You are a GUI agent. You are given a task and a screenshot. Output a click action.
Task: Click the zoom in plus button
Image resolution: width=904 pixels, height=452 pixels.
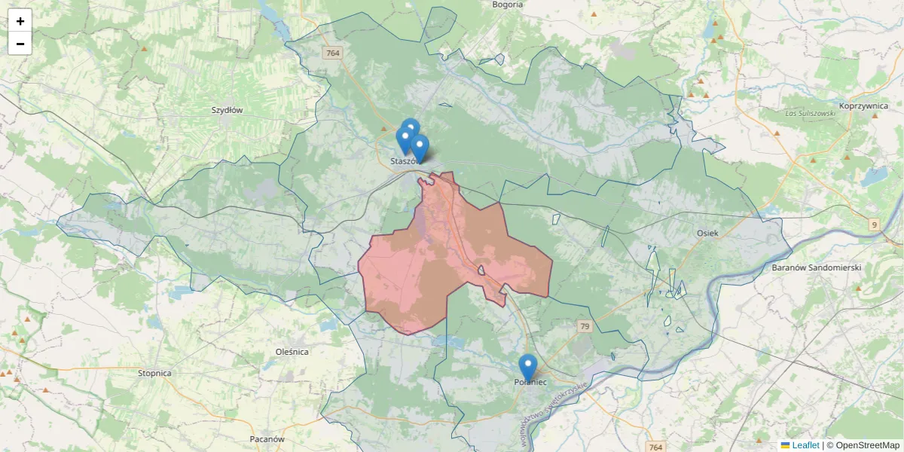(20, 21)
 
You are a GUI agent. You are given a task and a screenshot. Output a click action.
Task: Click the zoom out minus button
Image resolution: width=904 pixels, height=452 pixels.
(20, 44)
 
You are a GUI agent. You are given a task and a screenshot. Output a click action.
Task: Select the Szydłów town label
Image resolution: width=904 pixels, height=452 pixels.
(227, 110)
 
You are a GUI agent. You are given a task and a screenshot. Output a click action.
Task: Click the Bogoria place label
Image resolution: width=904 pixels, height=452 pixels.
(507, 5)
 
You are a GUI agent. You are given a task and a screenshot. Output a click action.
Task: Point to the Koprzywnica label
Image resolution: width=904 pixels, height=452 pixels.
(863, 106)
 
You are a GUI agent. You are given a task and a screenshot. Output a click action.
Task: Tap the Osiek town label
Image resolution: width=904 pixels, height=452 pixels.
(708, 234)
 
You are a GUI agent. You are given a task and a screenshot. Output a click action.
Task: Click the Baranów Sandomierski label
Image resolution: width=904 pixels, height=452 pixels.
(817, 267)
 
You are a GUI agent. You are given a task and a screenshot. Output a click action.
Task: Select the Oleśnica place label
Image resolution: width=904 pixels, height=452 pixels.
(292, 352)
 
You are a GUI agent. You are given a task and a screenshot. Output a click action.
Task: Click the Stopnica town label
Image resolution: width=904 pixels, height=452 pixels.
(155, 373)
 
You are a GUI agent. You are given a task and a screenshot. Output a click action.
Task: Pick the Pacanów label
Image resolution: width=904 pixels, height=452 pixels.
(267, 438)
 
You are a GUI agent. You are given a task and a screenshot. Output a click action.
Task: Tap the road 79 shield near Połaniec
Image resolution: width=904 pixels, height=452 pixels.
(585, 326)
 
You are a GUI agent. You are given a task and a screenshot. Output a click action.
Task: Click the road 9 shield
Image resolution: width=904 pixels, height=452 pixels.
(874, 224)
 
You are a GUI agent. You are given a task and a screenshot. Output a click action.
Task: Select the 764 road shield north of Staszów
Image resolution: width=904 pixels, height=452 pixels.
(332, 53)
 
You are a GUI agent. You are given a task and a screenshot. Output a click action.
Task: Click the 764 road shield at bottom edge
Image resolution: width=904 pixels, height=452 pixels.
(655, 447)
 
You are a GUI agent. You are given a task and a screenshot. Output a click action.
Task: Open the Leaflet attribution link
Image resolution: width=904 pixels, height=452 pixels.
(805, 445)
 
